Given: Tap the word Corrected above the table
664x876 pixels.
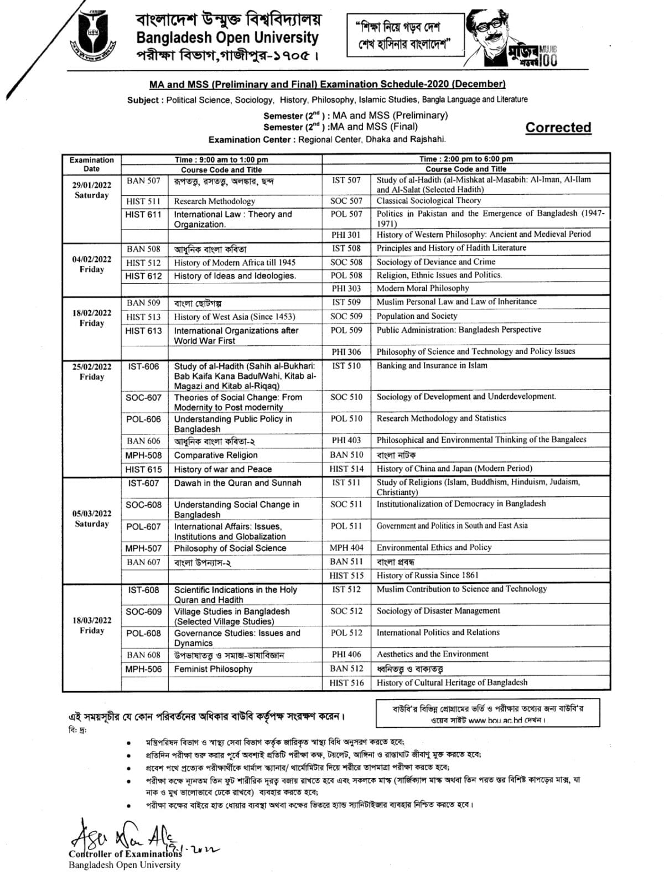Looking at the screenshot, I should tap(558, 127).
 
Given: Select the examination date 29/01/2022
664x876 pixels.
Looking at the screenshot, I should tap(91, 185).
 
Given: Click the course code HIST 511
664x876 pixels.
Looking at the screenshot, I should tap(143, 201).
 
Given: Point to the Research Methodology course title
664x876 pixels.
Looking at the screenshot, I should tap(215, 201).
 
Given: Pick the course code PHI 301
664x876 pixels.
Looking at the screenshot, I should tap(346, 235).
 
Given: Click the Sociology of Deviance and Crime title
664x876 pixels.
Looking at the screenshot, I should tap(436, 262).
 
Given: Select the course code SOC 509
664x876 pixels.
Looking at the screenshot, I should tap(346, 316).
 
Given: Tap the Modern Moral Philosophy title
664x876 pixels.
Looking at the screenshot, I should tap(423, 288).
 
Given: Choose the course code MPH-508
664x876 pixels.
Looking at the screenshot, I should tap(143, 455).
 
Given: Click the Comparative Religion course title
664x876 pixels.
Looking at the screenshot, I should tap(216, 455).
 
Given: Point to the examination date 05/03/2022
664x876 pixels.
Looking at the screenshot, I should tap(91, 513).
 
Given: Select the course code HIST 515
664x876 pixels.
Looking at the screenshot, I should tap(346, 576).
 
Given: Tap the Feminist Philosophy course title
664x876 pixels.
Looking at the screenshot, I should tap(213, 669).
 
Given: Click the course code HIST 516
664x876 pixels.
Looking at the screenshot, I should tap(346, 683).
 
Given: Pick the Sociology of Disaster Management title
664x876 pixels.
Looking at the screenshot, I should tap(438, 611).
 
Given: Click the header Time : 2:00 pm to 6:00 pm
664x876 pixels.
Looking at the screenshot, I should tap(466, 159).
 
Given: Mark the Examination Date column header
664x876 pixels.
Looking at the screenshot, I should tap(91, 164).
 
